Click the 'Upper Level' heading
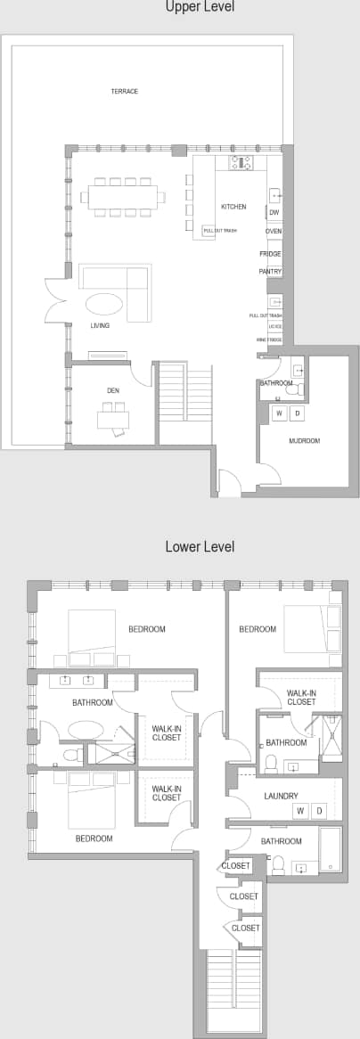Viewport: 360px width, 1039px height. point(199,8)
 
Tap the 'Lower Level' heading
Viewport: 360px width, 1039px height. point(200,546)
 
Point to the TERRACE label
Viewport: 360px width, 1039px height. point(125,92)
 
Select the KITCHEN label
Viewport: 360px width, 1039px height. point(233,207)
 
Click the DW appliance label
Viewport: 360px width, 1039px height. point(274,213)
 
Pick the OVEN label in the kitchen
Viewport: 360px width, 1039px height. point(274,232)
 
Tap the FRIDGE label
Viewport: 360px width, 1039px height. point(271,254)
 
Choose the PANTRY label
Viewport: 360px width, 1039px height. point(270,271)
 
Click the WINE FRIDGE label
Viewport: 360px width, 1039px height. point(268,340)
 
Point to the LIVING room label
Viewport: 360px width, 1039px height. point(100,326)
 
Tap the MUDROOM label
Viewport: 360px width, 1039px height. point(304,441)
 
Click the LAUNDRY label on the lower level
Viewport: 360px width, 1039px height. point(281,796)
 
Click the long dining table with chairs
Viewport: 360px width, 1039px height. point(125,197)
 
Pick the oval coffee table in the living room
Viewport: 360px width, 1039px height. point(104,303)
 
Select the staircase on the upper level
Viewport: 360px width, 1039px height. point(184,402)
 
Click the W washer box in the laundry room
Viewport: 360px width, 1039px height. point(299,811)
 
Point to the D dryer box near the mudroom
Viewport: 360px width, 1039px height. point(296,413)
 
